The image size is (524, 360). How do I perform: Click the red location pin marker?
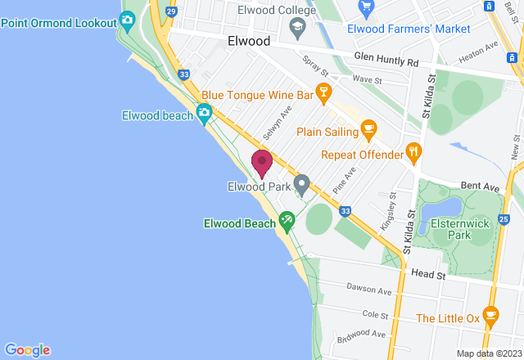point(262,162)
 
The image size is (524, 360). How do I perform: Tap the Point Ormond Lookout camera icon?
point(127,19)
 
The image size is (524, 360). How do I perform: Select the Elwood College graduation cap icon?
point(296,27)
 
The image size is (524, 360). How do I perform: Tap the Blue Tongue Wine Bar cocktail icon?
point(324,95)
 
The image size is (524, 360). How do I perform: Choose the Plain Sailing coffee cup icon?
point(368,129)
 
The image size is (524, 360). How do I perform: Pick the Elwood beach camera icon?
point(204,114)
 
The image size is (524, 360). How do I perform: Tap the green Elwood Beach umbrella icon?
point(287,219)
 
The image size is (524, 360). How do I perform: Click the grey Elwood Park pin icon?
point(301,185)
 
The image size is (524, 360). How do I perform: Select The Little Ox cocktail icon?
point(490,315)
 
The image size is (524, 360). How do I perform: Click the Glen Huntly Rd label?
point(386,59)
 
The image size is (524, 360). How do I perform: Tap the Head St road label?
point(427,274)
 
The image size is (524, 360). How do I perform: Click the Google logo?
point(26,349)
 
